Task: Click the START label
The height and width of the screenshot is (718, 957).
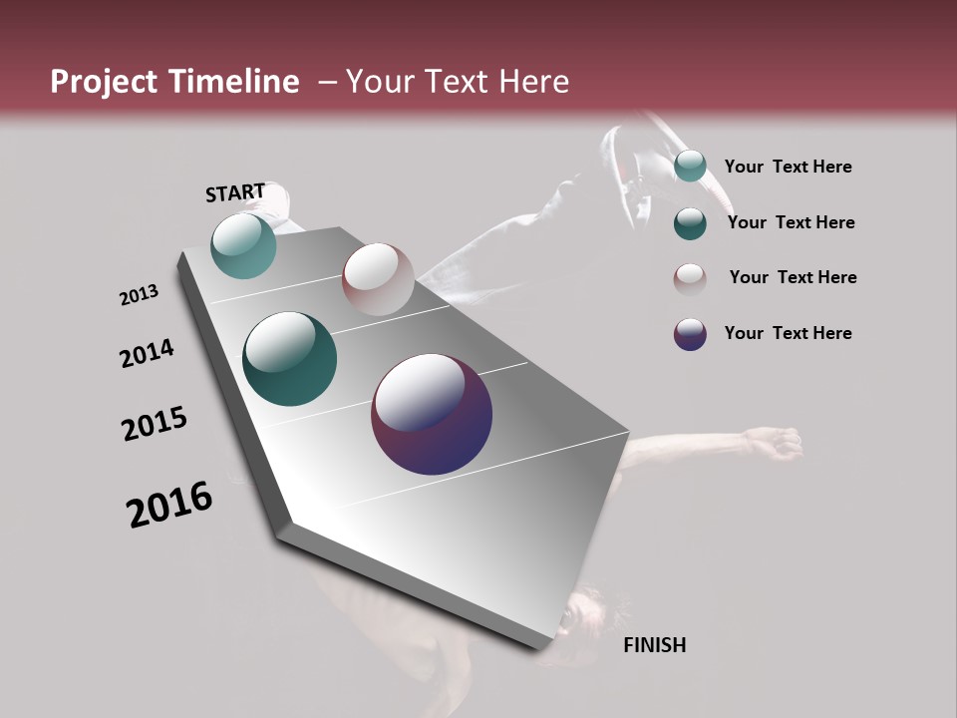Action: point(235,192)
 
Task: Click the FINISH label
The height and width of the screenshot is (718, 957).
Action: point(654,645)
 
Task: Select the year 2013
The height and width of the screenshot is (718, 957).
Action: point(139,295)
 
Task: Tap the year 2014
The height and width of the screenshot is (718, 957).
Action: point(147,354)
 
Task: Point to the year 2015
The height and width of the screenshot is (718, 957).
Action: point(155,424)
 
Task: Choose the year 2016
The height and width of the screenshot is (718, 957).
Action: point(169,505)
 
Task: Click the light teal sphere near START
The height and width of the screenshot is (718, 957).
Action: point(243,245)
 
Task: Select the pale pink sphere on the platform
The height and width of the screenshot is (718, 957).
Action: point(378,278)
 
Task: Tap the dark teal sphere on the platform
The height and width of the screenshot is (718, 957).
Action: point(289,359)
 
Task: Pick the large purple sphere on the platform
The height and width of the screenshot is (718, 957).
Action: point(432,414)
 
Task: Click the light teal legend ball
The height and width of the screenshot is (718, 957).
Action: point(690,166)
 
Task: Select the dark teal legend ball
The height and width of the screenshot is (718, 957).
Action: point(690,223)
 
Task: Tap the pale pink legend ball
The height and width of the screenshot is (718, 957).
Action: point(690,278)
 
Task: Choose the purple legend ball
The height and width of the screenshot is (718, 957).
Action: point(690,334)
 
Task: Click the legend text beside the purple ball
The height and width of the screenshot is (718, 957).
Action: point(788,333)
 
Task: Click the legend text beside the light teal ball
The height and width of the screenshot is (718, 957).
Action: point(788,167)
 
